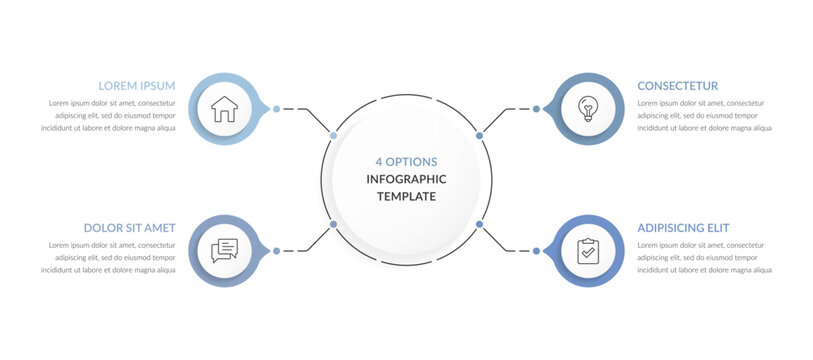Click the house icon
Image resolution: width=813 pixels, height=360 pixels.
click(225, 109)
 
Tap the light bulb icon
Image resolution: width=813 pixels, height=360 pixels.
click(587, 109)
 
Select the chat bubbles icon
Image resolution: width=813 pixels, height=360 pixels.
click(225, 250)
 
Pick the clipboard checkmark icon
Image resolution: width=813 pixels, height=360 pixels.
click(587, 250)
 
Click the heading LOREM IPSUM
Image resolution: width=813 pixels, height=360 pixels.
click(137, 86)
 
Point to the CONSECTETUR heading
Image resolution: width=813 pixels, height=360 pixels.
click(677, 86)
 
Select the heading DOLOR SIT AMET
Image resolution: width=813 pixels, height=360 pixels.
click(130, 228)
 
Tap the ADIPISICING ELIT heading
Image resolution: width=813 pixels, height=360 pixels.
click(683, 228)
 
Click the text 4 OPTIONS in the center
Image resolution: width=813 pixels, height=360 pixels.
click(406, 161)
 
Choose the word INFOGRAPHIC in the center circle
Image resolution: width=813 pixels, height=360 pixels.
click(406, 179)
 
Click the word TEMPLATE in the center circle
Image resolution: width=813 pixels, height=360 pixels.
click(406, 196)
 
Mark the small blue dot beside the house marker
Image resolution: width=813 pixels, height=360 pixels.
click(276, 109)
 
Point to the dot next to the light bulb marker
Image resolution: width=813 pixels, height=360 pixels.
click(536, 109)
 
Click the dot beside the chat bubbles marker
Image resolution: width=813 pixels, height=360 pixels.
click(276, 250)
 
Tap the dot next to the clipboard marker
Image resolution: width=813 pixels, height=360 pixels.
click(536, 250)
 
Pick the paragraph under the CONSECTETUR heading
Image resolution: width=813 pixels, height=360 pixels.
click(704, 115)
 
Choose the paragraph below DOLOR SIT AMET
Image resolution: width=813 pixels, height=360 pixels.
click(110, 257)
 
